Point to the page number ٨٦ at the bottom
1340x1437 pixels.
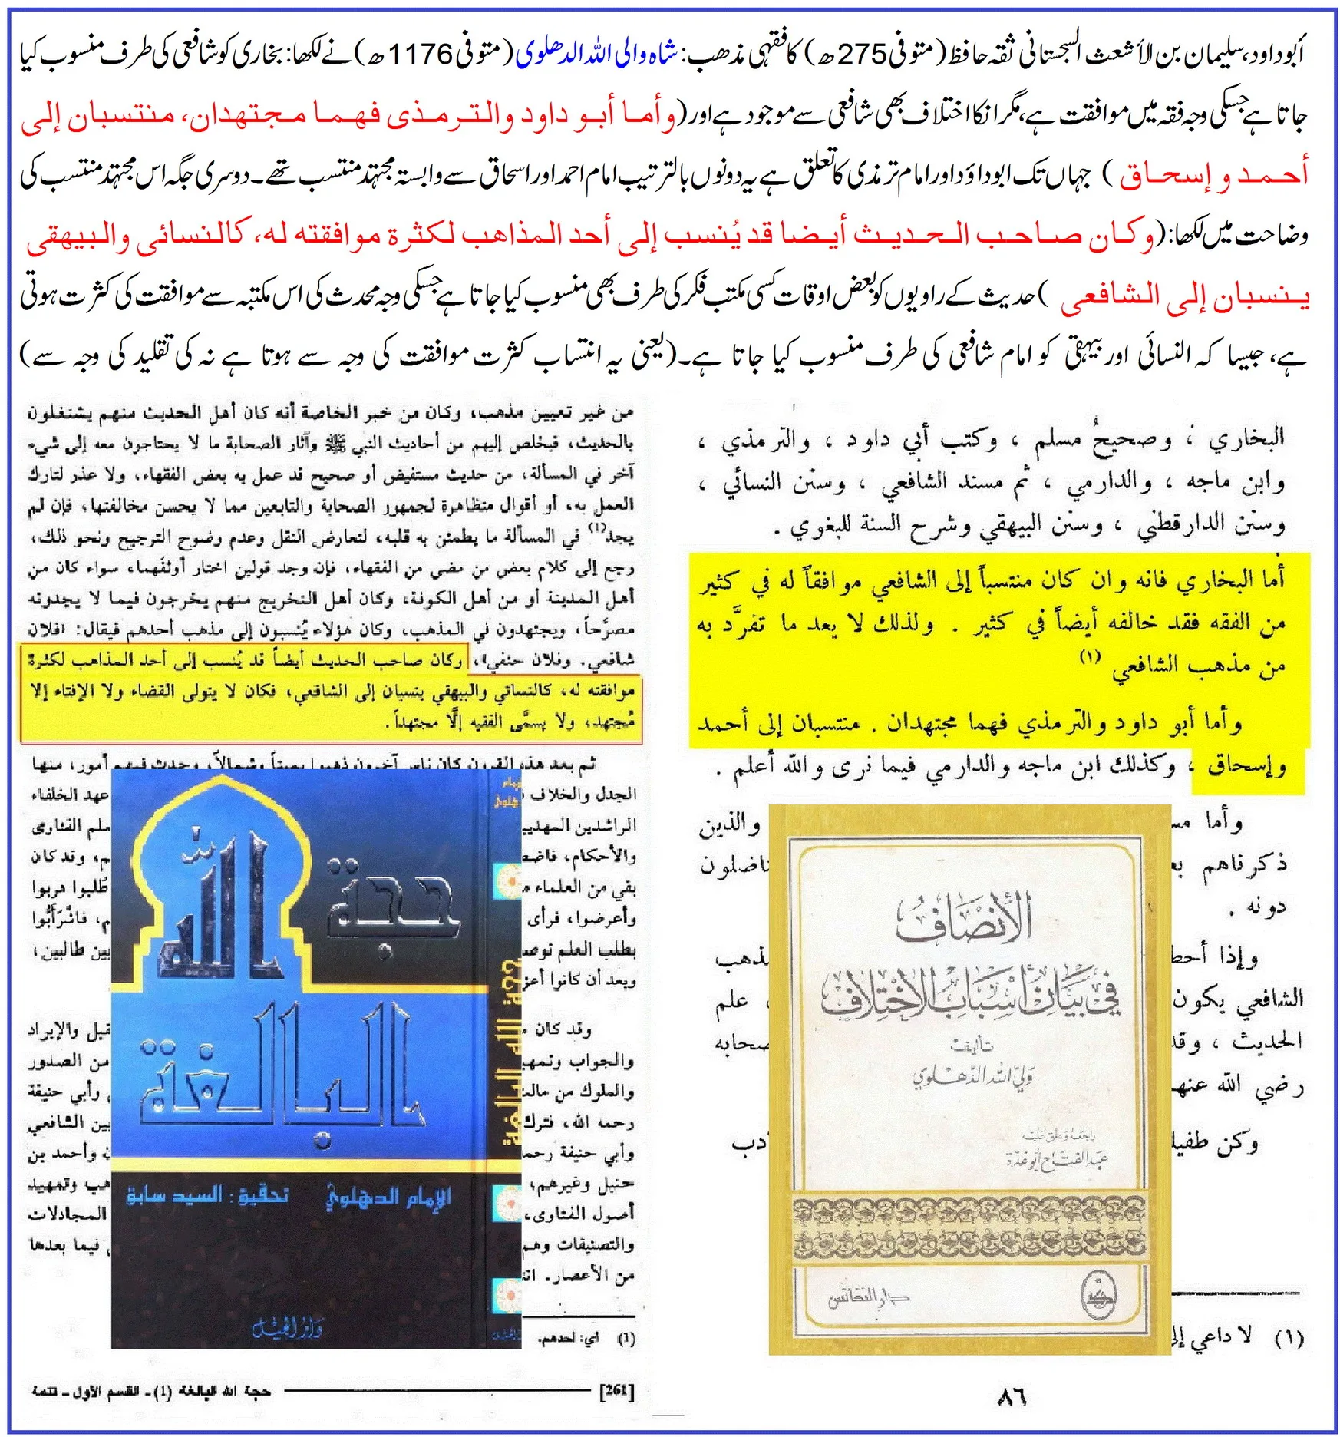[1012, 1396]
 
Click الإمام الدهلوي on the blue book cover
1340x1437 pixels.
[388, 1198]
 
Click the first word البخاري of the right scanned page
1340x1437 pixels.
[1246, 438]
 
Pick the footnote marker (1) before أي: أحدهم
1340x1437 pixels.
[626, 1340]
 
